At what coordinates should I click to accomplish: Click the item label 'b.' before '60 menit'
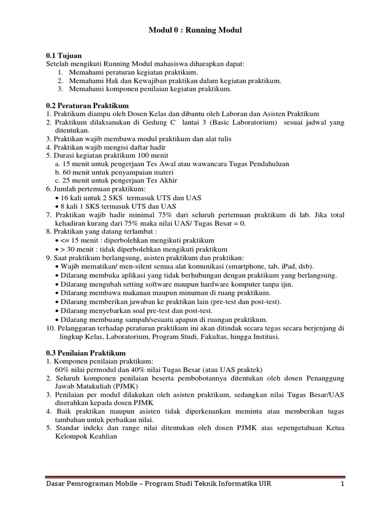[58, 173]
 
